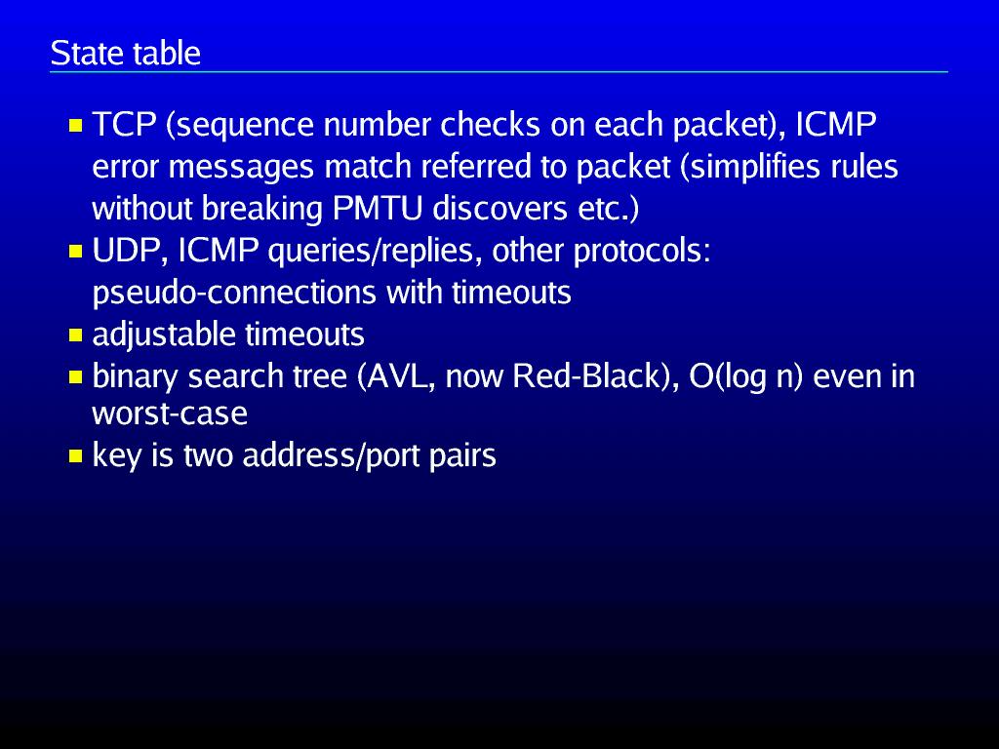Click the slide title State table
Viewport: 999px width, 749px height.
coord(125,53)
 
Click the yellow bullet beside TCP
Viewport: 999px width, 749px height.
coord(76,127)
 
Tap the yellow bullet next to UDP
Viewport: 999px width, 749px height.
coord(76,253)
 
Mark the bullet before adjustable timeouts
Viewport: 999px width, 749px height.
coord(76,335)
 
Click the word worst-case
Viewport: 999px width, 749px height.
coord(169,414)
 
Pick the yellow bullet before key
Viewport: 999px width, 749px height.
coord(76,456)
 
